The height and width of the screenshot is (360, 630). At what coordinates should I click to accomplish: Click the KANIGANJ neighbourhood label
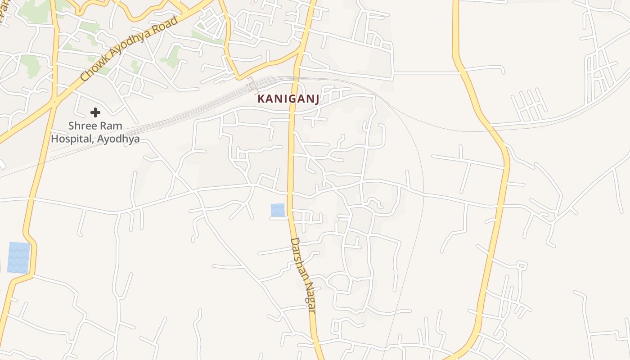[288, 99]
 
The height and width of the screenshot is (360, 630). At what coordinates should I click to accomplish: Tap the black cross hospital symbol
[95, 112]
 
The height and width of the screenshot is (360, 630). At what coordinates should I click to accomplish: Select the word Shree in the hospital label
[83, 126]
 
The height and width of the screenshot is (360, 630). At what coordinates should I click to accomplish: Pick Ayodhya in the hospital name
[119, 139]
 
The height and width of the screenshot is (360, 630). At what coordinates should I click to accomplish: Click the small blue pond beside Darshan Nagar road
[278, 210]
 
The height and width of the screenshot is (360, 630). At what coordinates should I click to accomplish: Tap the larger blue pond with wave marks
[19, 257]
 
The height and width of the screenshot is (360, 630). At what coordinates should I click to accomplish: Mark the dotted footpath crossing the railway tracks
[252, 84]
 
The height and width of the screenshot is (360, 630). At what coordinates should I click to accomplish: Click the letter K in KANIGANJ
[261, 99]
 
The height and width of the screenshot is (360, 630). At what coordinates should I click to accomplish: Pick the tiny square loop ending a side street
[522, 266]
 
